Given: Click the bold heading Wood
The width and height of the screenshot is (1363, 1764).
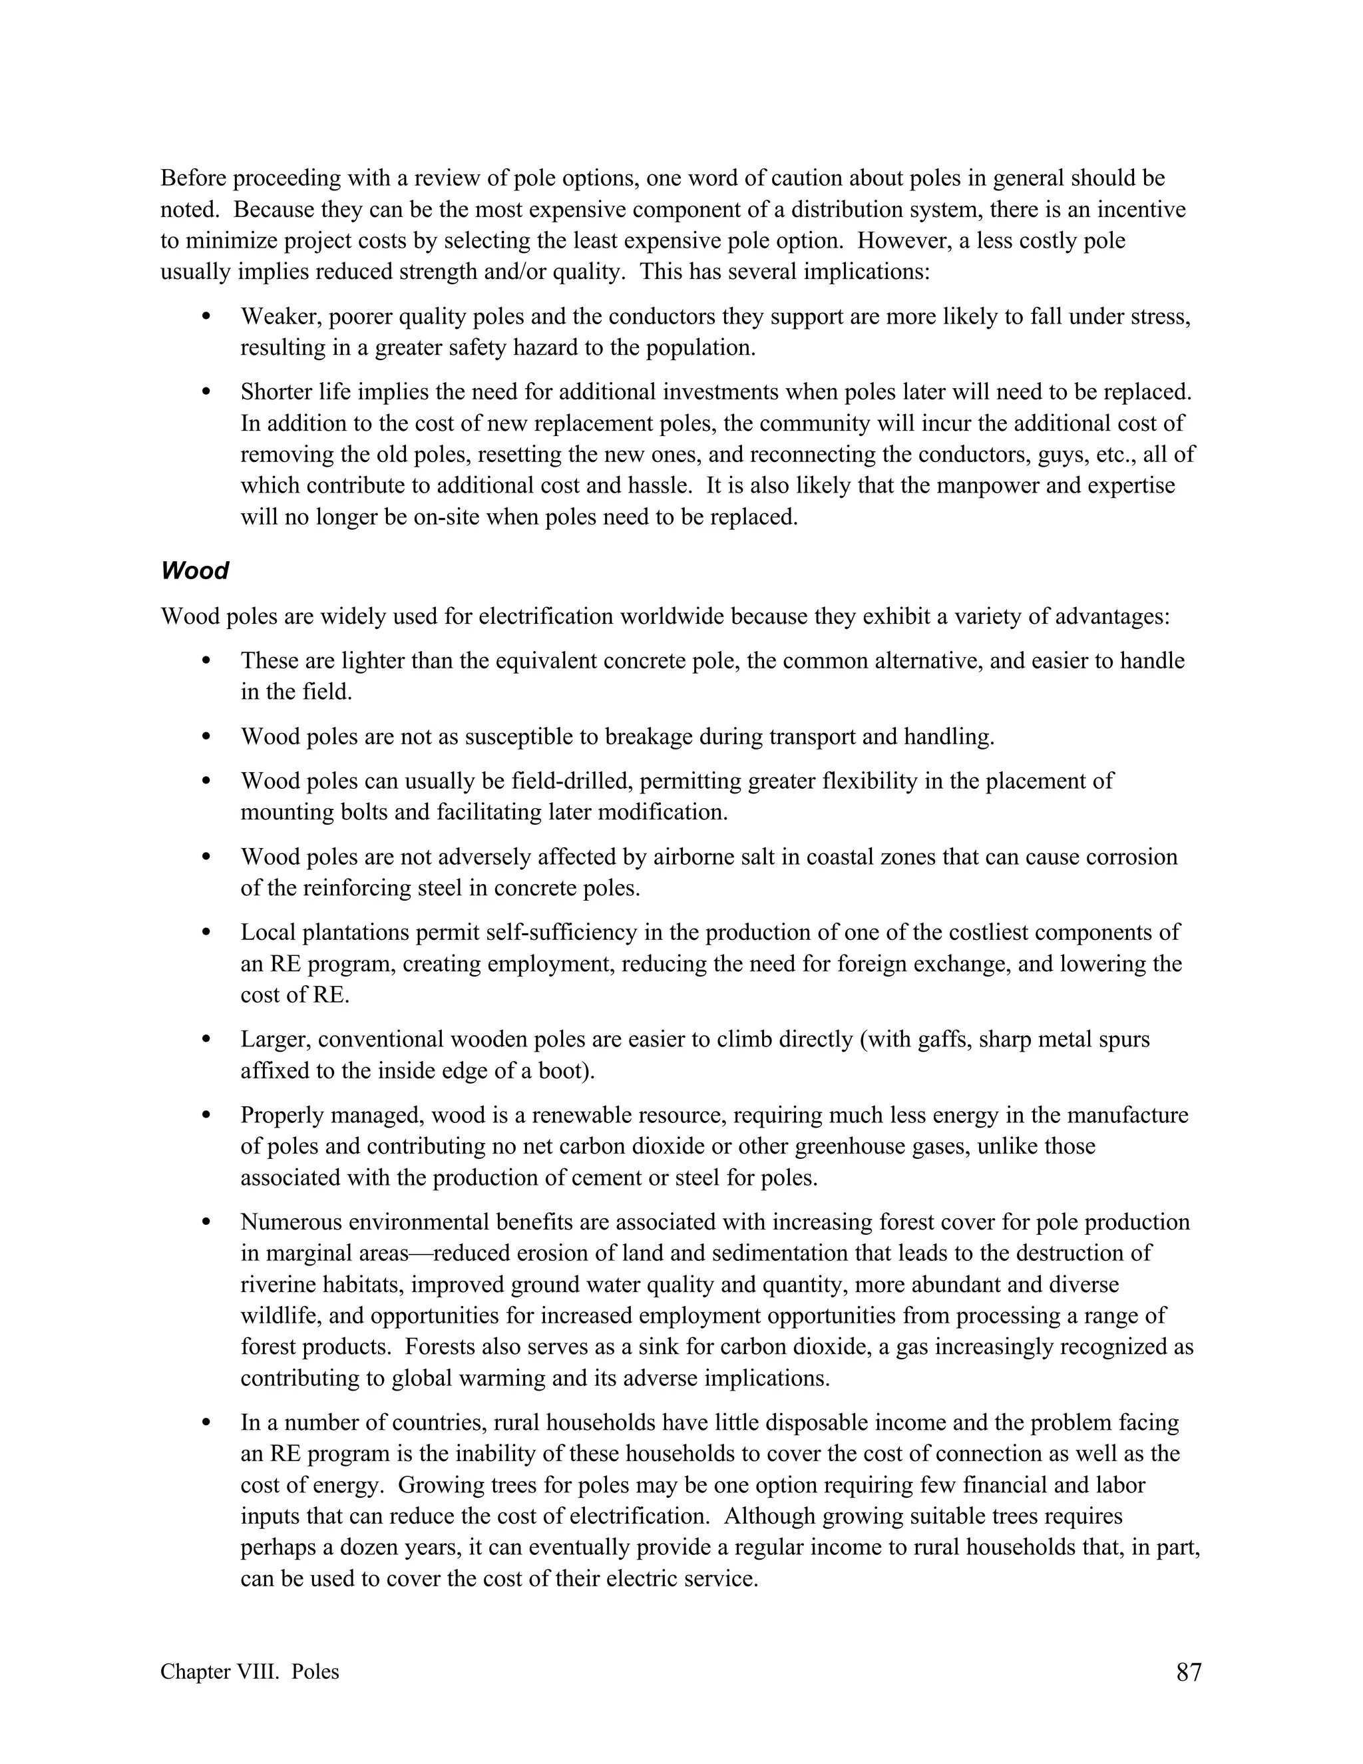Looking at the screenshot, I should pyautogui.click(x=194, y=571).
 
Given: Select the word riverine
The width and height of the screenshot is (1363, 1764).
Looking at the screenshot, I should pyautogui.click(x=279, y=1285).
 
